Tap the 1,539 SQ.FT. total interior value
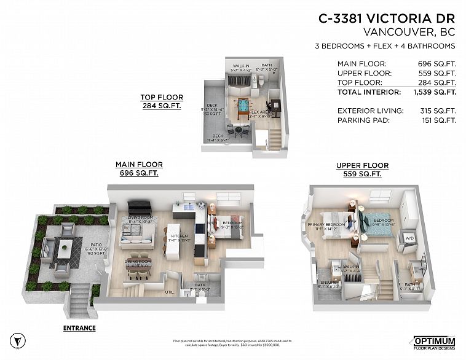(434, 92)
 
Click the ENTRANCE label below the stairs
(79, 328)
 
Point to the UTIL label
(170, 292)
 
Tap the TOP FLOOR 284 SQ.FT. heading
(158, 100)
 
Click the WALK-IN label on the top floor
(240, 65)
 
